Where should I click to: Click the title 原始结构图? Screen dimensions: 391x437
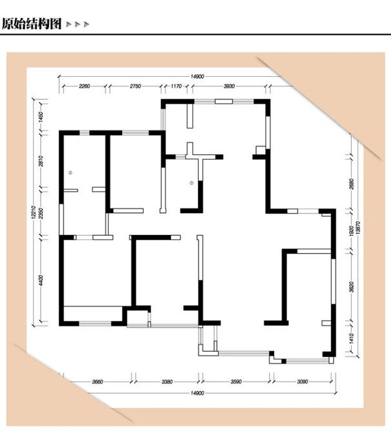[x=32, y=24]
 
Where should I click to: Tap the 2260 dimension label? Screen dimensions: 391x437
[x=85, y=86]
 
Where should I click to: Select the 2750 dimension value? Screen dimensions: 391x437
[x=135, y=86]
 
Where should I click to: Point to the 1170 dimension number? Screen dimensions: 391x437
[x=176, y=86]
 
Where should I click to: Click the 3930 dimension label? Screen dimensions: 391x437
[x=229, y=86]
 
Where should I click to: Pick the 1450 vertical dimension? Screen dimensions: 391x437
[x=41, y=117]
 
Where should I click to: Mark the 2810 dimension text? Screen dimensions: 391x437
[x=41, y=161]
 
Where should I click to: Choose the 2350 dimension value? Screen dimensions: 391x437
[x=41, y=213]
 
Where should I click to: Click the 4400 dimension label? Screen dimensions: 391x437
[x=41, y=280]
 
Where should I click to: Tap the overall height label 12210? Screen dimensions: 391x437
[x=34, y=212]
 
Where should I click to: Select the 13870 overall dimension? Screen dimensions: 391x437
[x=358, y=227]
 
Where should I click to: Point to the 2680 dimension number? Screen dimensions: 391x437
[x=352, y=184]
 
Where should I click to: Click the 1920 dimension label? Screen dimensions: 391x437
[x=352, y=230]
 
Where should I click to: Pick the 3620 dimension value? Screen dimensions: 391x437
[x=352, y=287]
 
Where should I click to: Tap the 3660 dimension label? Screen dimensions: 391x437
[x=97, y=381]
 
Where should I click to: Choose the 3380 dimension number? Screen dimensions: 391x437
[x=167, y=381]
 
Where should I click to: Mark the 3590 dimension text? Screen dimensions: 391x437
[x=236, y=381]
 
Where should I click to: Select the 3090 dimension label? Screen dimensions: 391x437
[x=303, y=381]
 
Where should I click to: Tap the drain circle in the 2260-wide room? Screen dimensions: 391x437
[x=70, y=173]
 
